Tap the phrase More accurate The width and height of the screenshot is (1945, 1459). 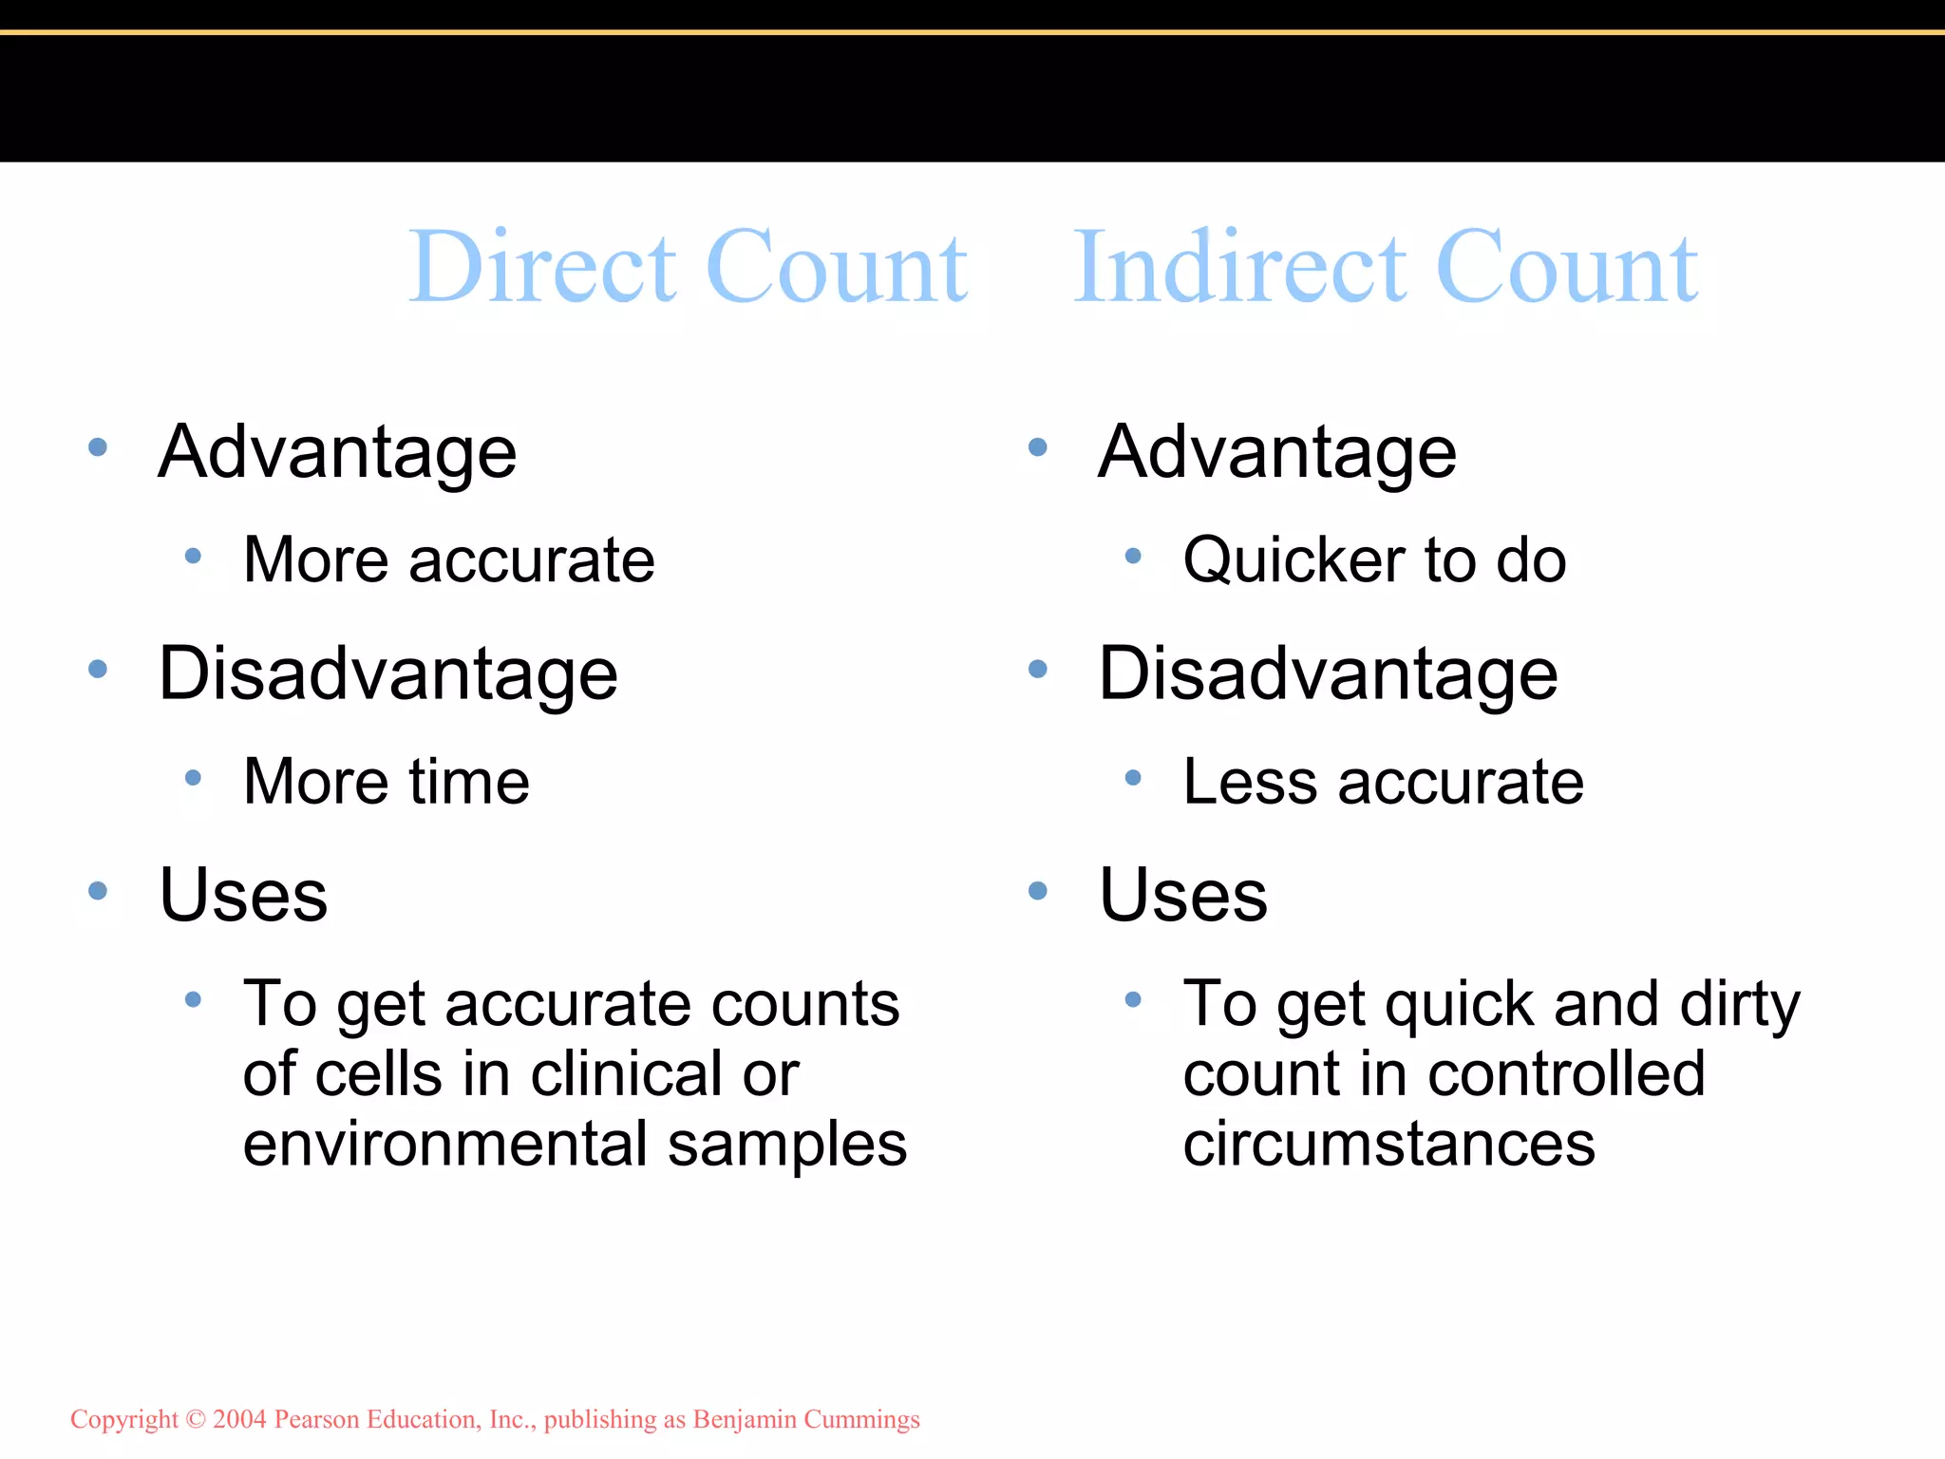[x=448, y=559]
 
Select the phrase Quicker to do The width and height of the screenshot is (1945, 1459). [x=1374, y=559]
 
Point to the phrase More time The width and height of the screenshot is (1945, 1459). [x=386, y=782]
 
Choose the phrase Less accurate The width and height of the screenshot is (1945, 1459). [x=1383, y=782]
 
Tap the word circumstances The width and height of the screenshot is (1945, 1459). [x=1388, y=1144]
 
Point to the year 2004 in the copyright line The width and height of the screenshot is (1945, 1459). [x=239, y=1419]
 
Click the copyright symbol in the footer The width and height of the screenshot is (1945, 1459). [x=196, y=1419]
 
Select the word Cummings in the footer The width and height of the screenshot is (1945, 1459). [x=861, y=1419]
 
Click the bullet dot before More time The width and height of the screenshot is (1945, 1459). [x=193, y=778]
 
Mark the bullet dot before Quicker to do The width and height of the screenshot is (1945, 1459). [x=1132, y=556]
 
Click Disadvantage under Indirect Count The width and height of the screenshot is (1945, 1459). [x=1328, y=673]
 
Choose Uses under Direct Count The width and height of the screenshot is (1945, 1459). [x=243, y=895]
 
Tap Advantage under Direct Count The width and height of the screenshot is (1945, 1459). [x=337, y=452]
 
